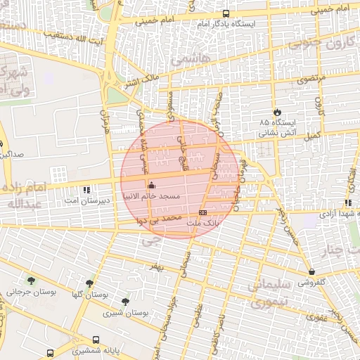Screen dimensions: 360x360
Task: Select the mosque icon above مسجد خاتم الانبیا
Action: click(152, 186)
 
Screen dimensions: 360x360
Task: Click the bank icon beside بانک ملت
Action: click(203, 212)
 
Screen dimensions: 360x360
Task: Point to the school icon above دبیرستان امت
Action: click(86, 190)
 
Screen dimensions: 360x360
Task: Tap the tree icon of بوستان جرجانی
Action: click(31, 281)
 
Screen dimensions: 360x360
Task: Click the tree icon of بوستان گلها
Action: click(90, 283)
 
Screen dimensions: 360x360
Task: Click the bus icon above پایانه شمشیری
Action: click(96, 339)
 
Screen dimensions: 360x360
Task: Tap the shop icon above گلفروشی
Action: click(311, 271)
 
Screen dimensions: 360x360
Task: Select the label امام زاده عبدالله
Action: click(30, 195)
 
